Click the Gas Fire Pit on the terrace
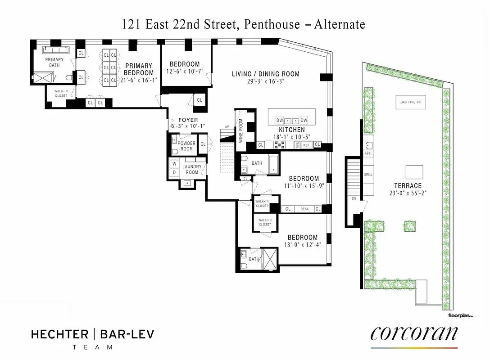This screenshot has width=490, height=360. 411,102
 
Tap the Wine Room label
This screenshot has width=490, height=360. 241,130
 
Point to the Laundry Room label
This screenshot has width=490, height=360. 192,170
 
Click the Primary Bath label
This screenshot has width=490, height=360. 54,63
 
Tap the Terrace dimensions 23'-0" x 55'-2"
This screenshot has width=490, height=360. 408,193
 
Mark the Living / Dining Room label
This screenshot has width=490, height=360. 266,74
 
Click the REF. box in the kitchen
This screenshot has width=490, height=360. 306,145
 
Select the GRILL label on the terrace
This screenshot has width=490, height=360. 368,175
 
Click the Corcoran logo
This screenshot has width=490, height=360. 414,334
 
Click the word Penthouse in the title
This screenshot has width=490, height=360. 266,24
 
